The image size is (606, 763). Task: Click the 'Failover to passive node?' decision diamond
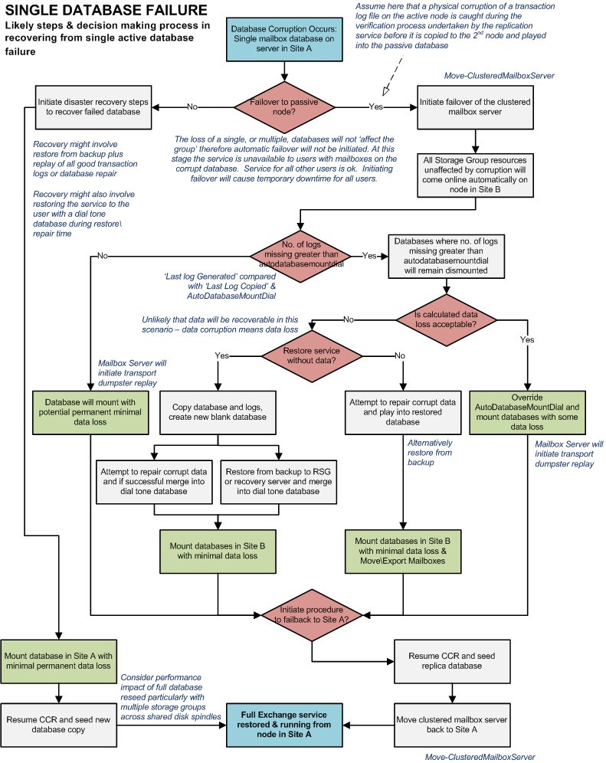pos(284,106)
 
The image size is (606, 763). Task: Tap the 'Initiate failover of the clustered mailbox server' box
pos(475,106)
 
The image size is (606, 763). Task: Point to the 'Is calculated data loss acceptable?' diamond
pos(447,319)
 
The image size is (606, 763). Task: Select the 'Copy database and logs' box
pos(219,412)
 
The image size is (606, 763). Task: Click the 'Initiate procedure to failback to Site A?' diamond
pos(312,614)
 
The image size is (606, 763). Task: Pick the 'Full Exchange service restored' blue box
pos(283,722)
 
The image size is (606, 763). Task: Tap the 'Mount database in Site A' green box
pos(58,661)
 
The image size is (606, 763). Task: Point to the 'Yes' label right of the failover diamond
pos(376,106)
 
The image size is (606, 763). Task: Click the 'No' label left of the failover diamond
pos(193,106)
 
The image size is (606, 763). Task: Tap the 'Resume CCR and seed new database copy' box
pos(58,723)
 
